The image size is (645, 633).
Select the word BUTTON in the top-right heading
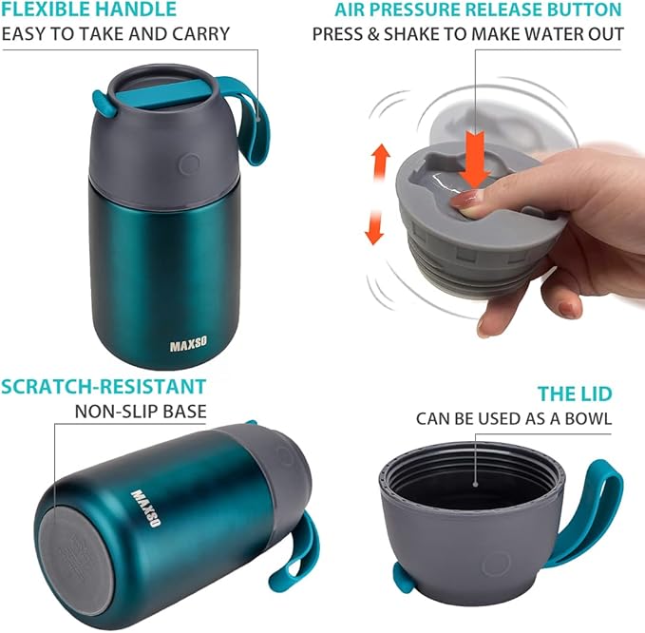coord(587,10)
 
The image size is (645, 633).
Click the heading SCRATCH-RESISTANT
coord(104,386)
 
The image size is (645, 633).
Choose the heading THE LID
coord(575,393)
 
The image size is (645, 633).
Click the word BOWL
coord(587,418)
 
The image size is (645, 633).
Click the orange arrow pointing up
coord(380,157)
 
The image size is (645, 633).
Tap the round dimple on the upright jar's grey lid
coord(189,163)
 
